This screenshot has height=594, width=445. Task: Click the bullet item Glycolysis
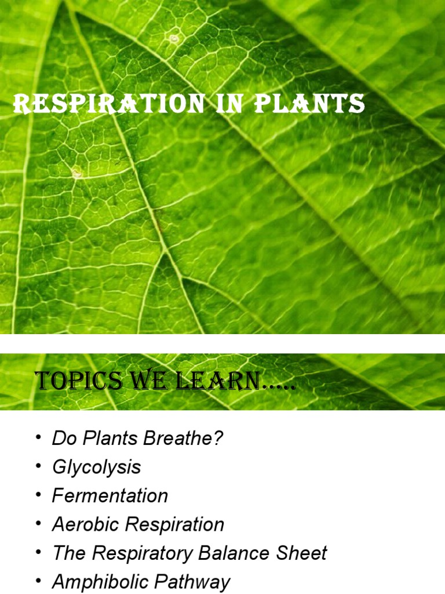coord(96,468)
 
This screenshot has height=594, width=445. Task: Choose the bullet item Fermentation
coord(110,496)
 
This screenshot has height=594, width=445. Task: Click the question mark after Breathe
coord(218,439)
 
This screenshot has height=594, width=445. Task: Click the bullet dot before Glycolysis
coord(38,467)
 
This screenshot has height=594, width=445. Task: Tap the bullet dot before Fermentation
coord(38,495)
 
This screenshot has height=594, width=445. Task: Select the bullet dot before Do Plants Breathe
coord(38,439)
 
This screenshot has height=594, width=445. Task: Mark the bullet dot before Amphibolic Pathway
coord(38,581)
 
